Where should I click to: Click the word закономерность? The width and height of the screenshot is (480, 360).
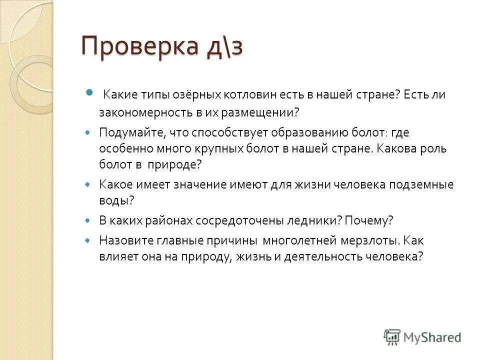(143, 113)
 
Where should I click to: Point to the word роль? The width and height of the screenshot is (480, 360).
(434, 149)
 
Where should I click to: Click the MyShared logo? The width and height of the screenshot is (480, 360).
(422, 337)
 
